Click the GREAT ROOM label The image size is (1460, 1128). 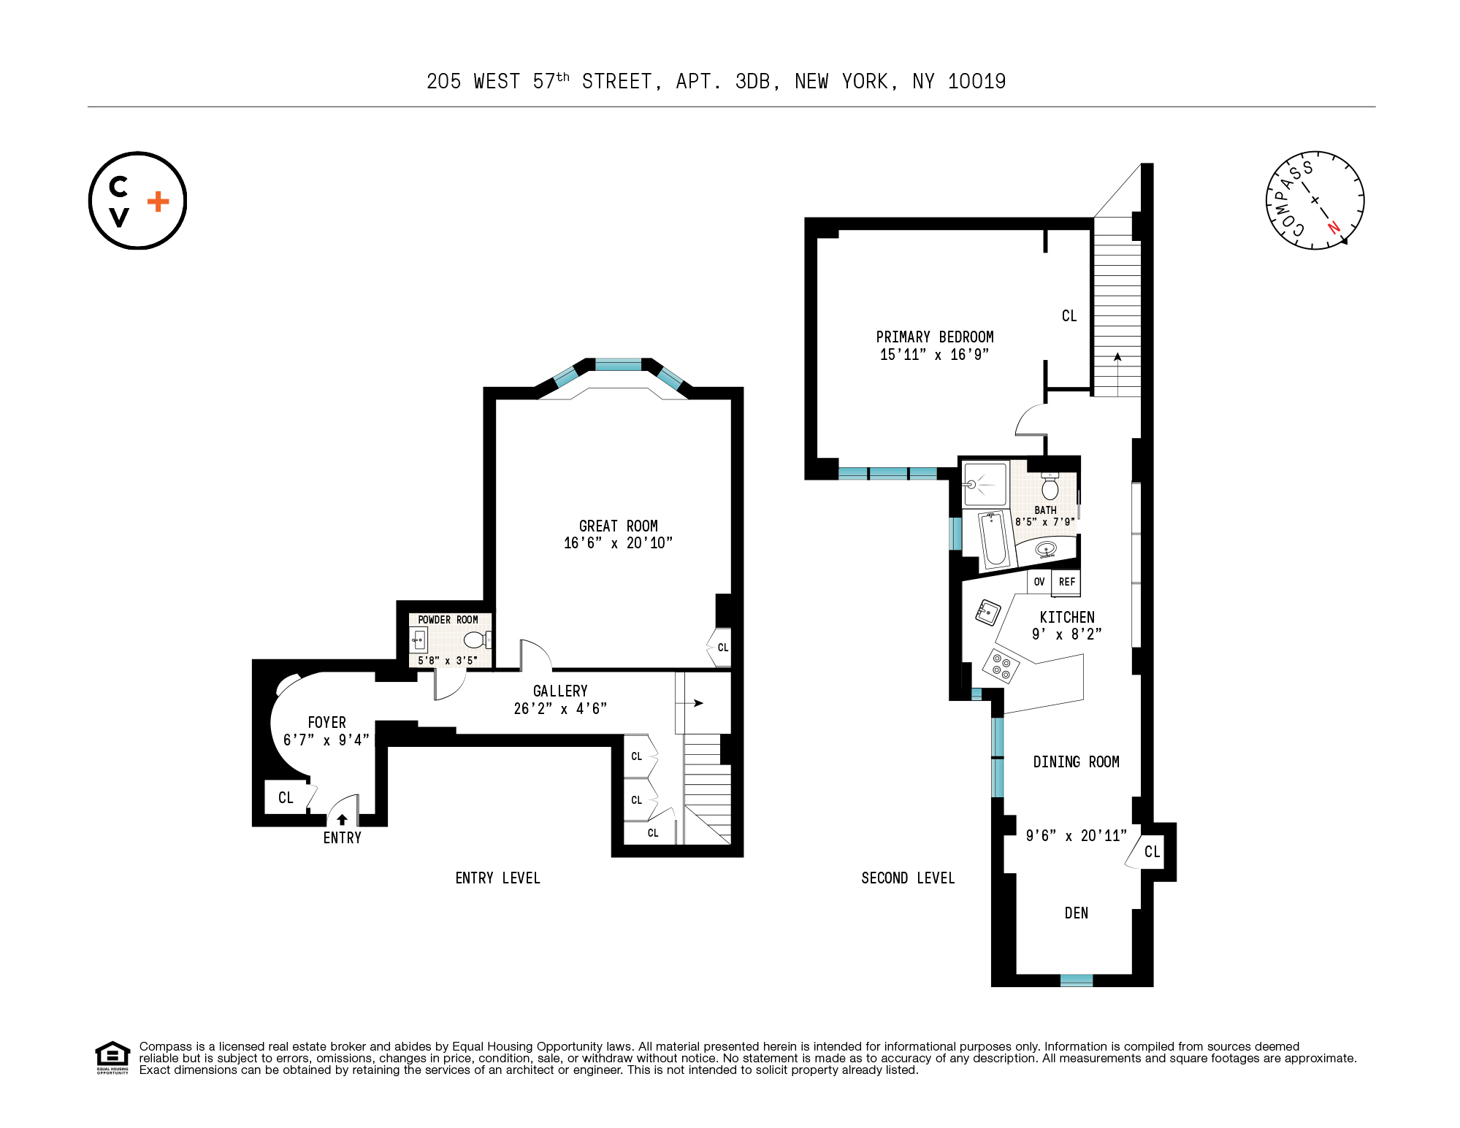[618, 526]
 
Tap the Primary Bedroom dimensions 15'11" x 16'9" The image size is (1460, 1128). [934, 355]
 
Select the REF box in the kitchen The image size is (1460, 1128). [1066, 582]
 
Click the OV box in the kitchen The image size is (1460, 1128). [1039, 582]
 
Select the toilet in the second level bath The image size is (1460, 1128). [1050, 486]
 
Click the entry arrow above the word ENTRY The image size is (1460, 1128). [342, 819]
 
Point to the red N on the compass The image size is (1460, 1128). [1334, 227]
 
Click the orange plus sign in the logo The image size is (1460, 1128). [158, 202]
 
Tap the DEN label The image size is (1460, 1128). [1076, 913]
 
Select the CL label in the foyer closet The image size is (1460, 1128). [286, 797]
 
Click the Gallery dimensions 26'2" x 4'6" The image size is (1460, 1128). [560, 708]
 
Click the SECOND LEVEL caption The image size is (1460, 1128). [907, 878]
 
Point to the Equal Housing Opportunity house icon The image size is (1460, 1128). [112, 1056]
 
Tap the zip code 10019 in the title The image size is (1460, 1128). [976, 82]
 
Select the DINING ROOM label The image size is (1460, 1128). [1075, 761]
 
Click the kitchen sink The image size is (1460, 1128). [987, 612]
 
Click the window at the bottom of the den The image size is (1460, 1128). [1076, 980]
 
